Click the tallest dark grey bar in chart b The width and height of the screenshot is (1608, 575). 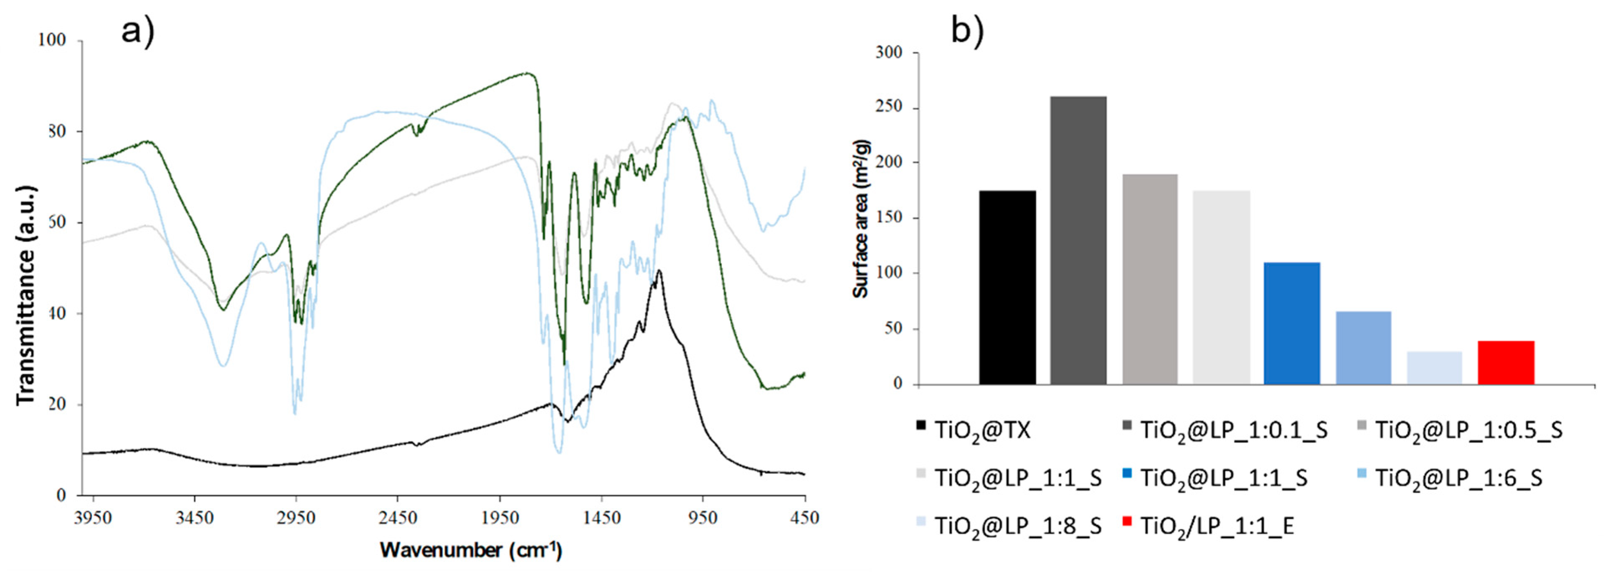pos(1078,240)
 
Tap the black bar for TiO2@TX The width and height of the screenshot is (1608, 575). pos(1007,287)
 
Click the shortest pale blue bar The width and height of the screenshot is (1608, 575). pos(1435,368)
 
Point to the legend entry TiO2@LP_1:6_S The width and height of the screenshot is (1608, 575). pos(1458,478)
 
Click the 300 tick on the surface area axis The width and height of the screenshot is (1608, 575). pos(889,52)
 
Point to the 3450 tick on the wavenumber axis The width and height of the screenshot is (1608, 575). pos(194,518)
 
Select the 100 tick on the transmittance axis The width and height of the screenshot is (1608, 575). pos(52,41)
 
